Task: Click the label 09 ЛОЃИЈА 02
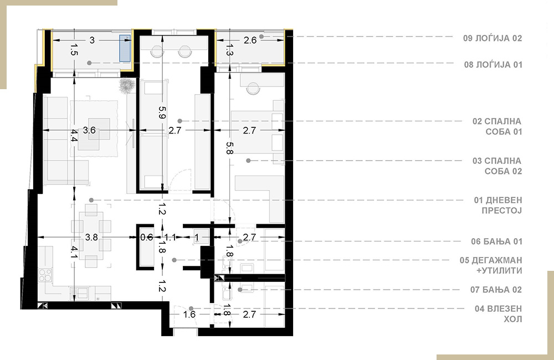(493, 38)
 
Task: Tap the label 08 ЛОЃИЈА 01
(493, 65)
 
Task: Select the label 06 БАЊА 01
(496, 241)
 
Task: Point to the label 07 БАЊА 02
(496, 290)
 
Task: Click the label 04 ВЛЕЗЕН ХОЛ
(498, 313)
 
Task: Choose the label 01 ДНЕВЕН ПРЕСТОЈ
(498, 205)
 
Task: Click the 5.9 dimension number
(162, 112)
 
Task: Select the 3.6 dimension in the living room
(89, 130)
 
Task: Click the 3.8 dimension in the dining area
(91, 237)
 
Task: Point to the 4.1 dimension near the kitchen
(74, 252)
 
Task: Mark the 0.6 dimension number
(146, 238)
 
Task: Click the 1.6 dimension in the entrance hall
(189, 314)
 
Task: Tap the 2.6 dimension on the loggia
(250, 40)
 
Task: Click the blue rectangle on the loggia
(125, 48)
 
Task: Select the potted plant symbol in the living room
(126, 86)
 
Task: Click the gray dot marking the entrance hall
(191, 308)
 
